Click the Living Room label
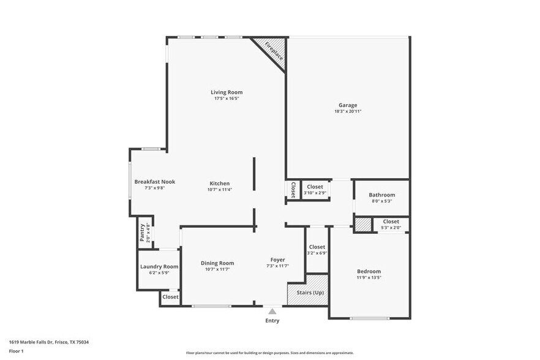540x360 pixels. pyautogui.click(x=227, y=92)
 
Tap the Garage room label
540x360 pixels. pyautogui.click(x=348, y=105)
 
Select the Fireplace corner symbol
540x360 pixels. pyautogui.click(x=270, y=53)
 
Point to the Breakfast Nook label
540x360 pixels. pyautogui.click(x=155, y=182)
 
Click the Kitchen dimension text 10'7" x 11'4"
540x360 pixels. pyautogui.click(x=220, y=190)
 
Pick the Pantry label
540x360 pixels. pyautogui.click(x=142, y=232)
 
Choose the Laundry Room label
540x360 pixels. pyautogui.click(x=159, y=266)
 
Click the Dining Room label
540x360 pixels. pyautogui.click(x=217, y=263)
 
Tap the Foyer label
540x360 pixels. pyautogui.click(x=277, y=260)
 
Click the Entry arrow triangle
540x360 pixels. pyautogui.click(x=272, y=311)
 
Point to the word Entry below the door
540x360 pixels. pyautogui.click(x=272, y=321)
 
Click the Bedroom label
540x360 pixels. pyautogui.click(x=369, y=271)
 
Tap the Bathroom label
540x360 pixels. pyautogui.click(x=381, y=195)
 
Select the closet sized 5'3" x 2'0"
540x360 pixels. pyautogui.click(x=391, y=225)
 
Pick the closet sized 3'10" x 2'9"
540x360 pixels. pyautogui.click(x=315, y=190)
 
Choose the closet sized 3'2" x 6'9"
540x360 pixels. pyautogui.click(x=317, y=250)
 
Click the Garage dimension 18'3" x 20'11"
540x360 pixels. pyautogui.click(x=348, y=111)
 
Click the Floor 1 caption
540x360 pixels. pyautogui.click(x=16, y=351)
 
